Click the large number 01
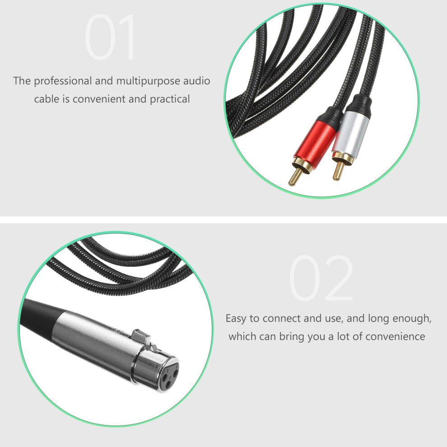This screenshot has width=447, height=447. pos(110,37)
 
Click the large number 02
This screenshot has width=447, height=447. pos(321,278)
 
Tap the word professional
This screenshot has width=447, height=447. pos(63,81)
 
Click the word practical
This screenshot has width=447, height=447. pos(170,99)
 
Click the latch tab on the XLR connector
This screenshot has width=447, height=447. pos(142,337)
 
